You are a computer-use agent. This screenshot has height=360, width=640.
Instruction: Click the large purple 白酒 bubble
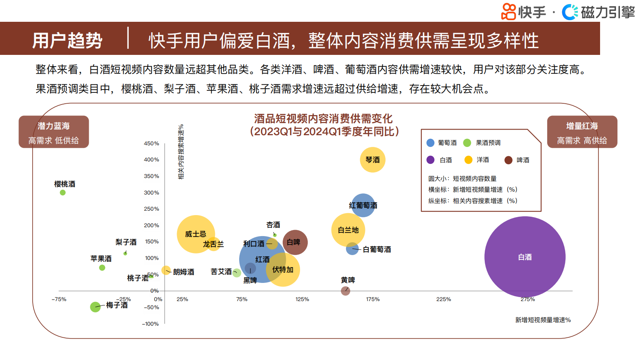[525, 257]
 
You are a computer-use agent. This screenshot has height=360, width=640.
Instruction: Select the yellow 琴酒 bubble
[373, 160]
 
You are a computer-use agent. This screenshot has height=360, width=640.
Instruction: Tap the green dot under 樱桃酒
[63, 193]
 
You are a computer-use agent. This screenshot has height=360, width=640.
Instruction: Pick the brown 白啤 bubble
[295, 242]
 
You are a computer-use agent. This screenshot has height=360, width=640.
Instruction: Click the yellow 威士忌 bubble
[196, 234]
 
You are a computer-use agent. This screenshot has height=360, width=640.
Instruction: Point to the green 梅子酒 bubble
[95, 307]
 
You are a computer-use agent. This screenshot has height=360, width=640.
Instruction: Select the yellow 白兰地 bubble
[348, 230]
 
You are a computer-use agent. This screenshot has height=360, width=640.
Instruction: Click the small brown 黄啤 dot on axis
[345, 291]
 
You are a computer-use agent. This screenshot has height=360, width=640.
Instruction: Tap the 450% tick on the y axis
[151, 143]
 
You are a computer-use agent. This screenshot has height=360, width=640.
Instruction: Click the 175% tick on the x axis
[373, 299]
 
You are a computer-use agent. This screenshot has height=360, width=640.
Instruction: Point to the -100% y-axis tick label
[150, 324]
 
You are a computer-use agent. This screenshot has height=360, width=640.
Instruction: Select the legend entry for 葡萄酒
[442, 143]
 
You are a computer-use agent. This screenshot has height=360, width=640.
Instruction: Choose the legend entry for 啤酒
[517, 160]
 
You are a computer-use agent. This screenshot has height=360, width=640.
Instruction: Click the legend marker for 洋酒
[468, 160]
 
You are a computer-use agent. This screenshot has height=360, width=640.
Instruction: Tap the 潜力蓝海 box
[54, 132]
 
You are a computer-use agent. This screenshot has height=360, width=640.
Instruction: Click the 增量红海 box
[582, 132]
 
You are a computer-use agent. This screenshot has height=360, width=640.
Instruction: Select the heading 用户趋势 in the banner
[67, 40]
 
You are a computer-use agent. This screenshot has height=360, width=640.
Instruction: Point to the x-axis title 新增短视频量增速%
[543, 320]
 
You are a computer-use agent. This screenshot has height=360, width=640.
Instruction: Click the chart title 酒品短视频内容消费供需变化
[323, 119]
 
